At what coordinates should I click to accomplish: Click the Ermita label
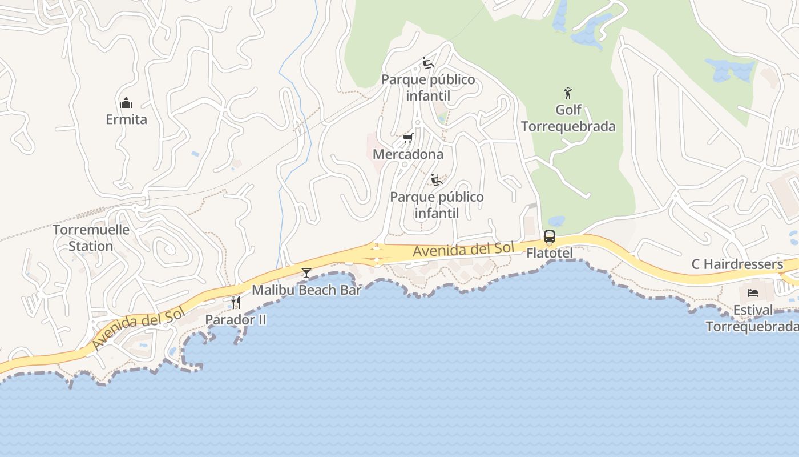click(x=126, y=119)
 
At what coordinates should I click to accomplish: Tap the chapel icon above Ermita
click(x=126, y=103)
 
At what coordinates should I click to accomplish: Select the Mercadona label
click(x=407, y=154)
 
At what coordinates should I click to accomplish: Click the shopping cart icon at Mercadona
click(x=407, y=138)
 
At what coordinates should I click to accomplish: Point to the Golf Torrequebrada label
click(x=568, y=118)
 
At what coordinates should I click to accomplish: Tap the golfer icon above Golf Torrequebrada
click(x=568, y=93)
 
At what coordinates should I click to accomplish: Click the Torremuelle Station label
click(x=91, y=238)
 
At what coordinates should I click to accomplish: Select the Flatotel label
click(x=549, y=252)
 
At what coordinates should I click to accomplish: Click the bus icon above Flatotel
click(x=549, y=236)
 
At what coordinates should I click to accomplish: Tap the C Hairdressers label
click(x=737, y=264)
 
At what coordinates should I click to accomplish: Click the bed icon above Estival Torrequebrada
click(x=753, y=293)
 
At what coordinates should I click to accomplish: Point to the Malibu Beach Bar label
click(x=306, y=290)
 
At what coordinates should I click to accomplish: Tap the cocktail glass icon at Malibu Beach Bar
click(x=306, y=273)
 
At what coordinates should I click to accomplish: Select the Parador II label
click(x=235, y=319)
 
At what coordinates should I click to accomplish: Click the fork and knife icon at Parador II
click(x=235, y=302)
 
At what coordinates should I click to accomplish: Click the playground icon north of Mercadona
click(x=428, y=63)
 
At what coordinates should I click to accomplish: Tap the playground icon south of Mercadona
click(x=437, y=181)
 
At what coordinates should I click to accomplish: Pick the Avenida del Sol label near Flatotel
click(x=463, y=250)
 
